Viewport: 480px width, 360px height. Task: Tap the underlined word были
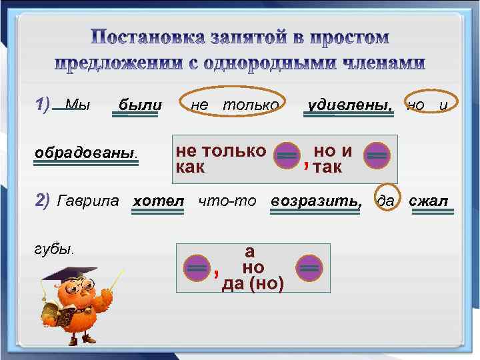[x=139, y=105]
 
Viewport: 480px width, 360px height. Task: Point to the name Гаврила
[x=89, y=200]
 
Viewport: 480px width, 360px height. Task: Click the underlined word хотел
[x=158, y=200]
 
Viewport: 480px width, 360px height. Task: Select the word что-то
[x=227, y=200]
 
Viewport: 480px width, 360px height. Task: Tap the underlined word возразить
[x=317, y=200]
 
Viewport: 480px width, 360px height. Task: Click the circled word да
[x=385, y=200]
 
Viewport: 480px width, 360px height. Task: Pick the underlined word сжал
[x=428, y=200]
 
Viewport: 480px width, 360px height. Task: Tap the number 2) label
[x=42, y=200]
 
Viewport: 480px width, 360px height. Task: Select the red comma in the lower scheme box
[x=215, y=273]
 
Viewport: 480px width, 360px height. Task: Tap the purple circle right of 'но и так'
[x=377, y=155]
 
